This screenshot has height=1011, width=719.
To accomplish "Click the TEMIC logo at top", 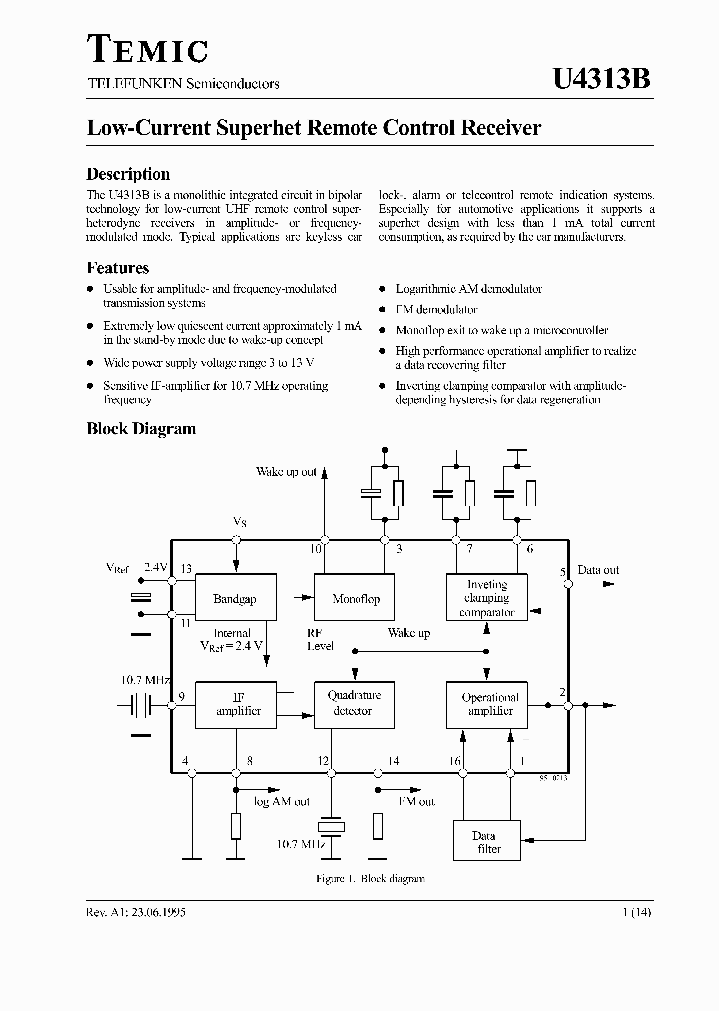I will point(147,49).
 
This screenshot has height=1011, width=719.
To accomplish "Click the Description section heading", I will point(128,173).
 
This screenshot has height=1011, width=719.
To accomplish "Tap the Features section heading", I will point(118,268).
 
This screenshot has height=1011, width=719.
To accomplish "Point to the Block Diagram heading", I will point(141,429).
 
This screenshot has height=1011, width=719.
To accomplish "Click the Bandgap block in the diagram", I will point(235,599).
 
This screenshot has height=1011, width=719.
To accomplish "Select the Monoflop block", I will point(356,599).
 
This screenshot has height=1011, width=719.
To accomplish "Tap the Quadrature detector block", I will point(354,704).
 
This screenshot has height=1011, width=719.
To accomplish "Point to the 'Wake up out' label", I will point(286,471).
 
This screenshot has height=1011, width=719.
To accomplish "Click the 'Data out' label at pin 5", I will point(598,570).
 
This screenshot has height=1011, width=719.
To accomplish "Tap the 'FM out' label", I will point(416,801).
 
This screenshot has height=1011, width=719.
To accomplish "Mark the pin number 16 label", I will point(454,761).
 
